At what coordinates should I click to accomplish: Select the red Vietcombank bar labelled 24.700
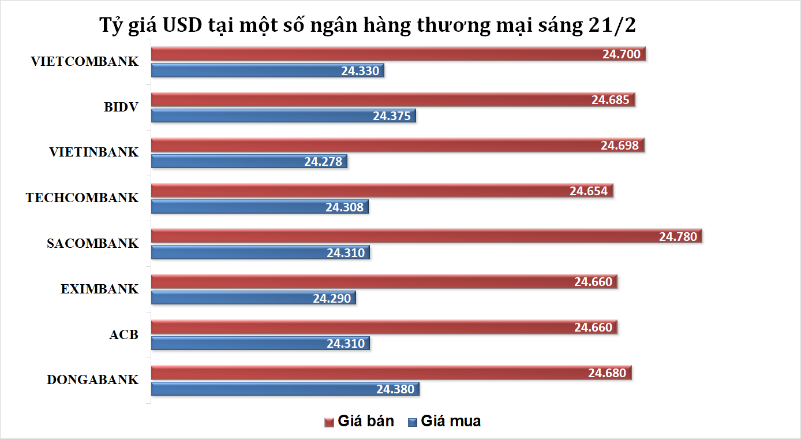(x=398, y=54)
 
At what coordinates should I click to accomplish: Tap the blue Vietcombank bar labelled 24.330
(x=267, y=71)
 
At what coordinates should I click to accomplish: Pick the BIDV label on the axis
(x=121, y=106)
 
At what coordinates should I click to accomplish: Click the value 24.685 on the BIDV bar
(x=610, y=99)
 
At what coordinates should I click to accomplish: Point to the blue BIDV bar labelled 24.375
(x=283, y=116)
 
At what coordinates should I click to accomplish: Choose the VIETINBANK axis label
(x=94, y=152)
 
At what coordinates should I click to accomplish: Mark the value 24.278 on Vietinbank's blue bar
(x=323, y=161)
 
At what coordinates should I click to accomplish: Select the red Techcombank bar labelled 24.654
(x=382, y=191)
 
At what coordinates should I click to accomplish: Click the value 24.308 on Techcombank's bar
(x=345, y=207)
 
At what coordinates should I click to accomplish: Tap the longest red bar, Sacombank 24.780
(x=426, y=236)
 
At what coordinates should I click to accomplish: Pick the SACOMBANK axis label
(x=92, y=243)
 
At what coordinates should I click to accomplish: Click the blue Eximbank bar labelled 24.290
(x=253, y=298)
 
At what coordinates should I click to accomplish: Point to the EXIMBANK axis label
(x=100, y=289)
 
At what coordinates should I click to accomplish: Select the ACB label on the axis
(x=123, y=334)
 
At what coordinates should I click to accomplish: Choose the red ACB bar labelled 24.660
(x=384, y=328)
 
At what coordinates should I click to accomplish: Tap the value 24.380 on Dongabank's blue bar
(x=395, y=389)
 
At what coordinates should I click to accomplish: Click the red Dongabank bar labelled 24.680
(x=391, y=373)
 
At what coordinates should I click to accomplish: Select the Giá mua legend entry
(x=444, y=421)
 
